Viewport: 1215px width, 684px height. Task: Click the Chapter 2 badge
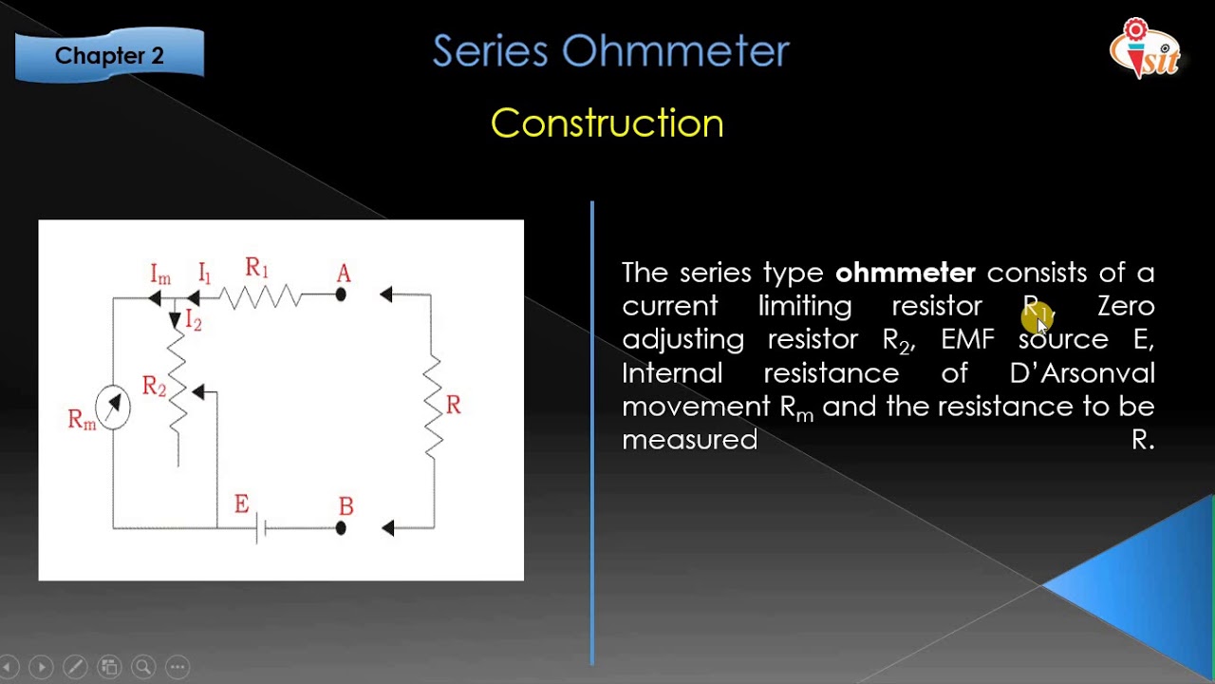[x=109, y=55]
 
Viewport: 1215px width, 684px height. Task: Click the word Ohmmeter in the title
[x=675, y=51]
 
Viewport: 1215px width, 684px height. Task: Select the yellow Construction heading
[x=607, y=123]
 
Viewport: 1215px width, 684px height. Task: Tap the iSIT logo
[x=1146, y=48]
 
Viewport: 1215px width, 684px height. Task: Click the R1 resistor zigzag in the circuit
[x=261, y=296]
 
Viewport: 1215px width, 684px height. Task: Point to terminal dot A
[x=341, y=295]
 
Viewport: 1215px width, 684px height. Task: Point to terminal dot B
[x=341, y=527]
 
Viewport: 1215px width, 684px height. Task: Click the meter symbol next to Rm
[x=113, y=408]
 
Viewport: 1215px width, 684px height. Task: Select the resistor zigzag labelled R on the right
[x=433, y=407]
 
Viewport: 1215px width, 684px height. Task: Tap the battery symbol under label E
[x=261, y=528]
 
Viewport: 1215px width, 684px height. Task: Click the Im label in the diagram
[x=160, y=275]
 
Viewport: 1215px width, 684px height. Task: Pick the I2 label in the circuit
[x=194, y=320]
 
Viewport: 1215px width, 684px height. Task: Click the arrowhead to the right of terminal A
[x=385, y=295]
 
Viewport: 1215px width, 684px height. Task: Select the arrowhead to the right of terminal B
[x=386, y=528]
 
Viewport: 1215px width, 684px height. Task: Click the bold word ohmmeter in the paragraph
[x=905, y=274]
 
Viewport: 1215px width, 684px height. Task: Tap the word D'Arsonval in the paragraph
[x=1082, y=372]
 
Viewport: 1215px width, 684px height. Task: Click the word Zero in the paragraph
[x=1126, y=306]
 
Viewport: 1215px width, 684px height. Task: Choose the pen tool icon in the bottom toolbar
[x=75, y=667]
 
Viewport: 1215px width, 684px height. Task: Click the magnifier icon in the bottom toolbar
[x=143, y=667]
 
